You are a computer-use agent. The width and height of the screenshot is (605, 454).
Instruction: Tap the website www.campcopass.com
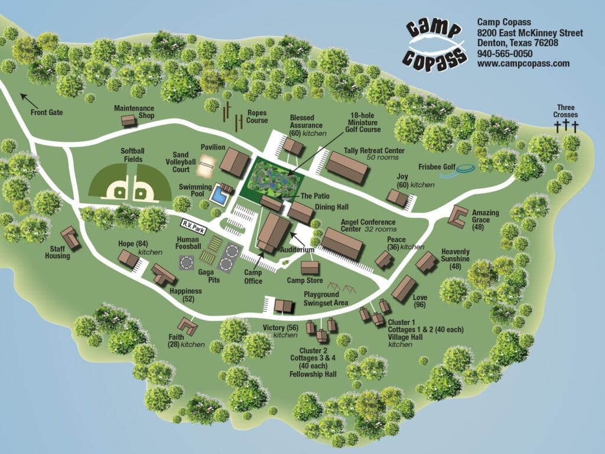(x=523, y=63)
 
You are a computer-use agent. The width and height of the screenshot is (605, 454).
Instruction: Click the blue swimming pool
(x=220, y=194)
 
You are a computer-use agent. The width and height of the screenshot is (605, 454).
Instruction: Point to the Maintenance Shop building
(x=128, y=121)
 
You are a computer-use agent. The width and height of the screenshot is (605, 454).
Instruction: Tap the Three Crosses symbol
(x=565, y=125)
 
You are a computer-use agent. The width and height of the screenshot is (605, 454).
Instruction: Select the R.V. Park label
(x=195, y=224)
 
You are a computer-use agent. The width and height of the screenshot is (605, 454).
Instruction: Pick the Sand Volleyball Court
(x=207, y=166)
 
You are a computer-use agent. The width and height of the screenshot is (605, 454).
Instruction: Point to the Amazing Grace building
(x=457, y=216)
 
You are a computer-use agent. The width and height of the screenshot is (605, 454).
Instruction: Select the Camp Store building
(x=311, y=268)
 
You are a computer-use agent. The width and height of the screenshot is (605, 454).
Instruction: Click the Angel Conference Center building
(x=341, y=244)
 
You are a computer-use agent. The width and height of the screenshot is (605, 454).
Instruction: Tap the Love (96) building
(x=404, y=288)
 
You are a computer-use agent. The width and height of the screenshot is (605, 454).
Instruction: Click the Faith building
(x=188, y=325)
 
